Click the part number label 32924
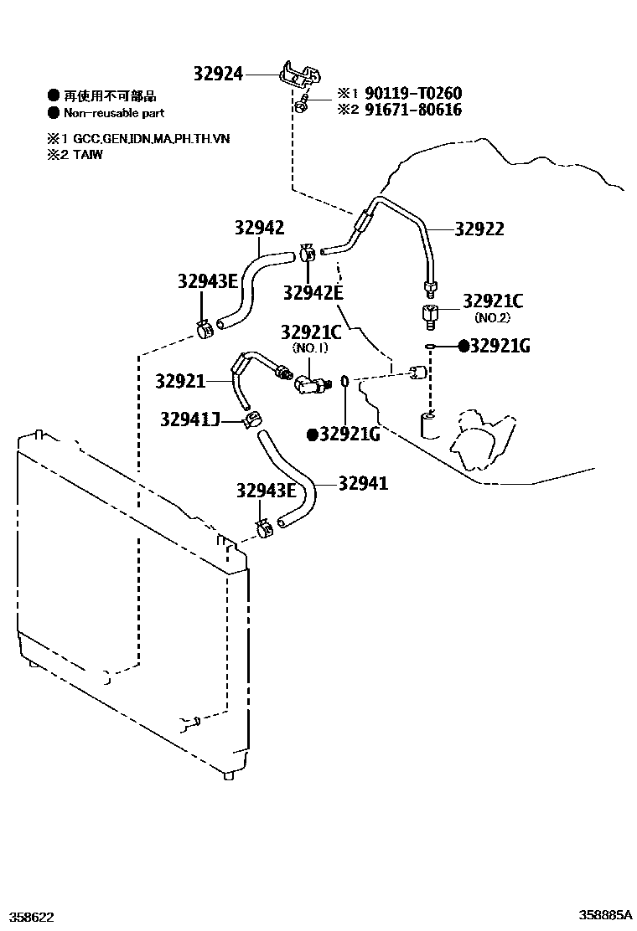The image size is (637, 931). [217, 75]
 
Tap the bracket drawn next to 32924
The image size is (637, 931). [298, 75]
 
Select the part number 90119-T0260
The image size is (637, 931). [411, 94]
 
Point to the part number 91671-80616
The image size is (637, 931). [411, 110]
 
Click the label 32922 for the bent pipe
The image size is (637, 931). [479, 229]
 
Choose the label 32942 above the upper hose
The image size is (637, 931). [259, 228]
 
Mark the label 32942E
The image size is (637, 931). [313, 292]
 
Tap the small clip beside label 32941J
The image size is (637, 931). [251, 418]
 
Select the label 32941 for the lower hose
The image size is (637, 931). [363, 483]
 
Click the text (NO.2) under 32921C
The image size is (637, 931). [492, 317]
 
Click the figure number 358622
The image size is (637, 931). [31, 917]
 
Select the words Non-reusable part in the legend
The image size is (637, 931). [115, 113]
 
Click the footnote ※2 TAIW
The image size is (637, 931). [75, 155]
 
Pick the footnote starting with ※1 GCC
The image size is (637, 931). [138, 139]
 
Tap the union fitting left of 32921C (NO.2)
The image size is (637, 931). [428, 317]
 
